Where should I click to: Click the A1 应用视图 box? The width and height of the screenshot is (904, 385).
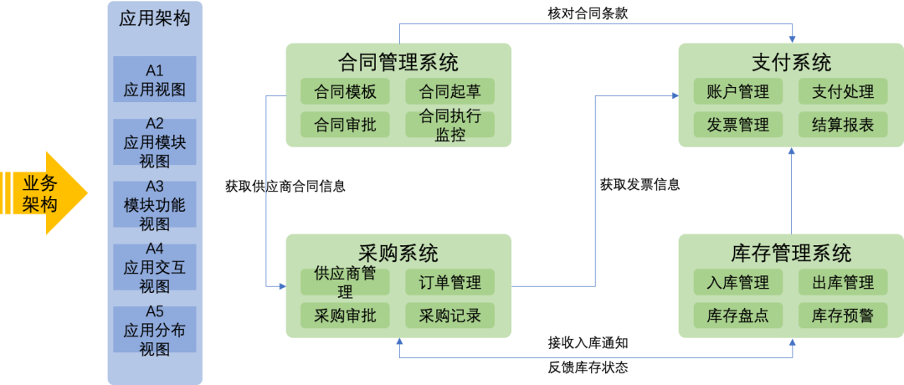(x=154, y=80)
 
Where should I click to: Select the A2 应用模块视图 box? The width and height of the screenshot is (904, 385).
(x=154, y=142)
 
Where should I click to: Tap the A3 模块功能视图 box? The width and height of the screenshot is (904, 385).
(x=154, y=204)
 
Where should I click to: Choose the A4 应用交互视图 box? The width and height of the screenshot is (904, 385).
(x=154, y=267)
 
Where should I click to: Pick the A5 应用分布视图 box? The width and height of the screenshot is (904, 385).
(x=154, y=330)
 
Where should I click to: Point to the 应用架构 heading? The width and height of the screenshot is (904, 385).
(x=155, y=18)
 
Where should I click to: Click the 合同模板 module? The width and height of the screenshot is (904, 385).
(x=345, y=91)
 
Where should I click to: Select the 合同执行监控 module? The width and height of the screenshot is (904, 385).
(x=449, y=125)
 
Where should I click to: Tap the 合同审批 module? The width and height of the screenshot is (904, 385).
(x=345, y=125)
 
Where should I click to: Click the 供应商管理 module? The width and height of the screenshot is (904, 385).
(x=345, y=282)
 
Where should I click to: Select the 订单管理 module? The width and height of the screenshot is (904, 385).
(x=449, y=282)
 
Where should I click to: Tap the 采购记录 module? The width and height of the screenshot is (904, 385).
(x=449, y=316)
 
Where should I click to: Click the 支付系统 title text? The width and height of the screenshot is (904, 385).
(x=791, y=62)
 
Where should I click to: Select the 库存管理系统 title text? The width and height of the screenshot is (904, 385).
(x=791, y=253)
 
